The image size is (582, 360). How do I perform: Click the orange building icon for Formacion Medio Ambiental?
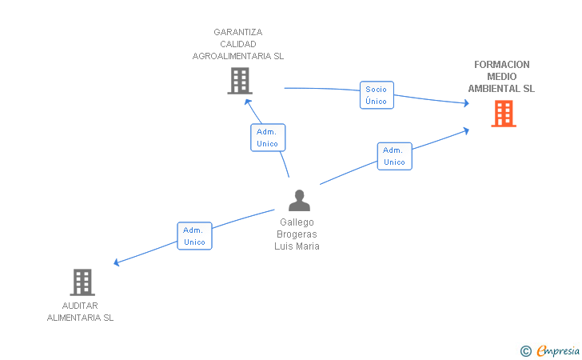point(504,114)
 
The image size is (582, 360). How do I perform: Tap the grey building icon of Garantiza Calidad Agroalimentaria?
point(240,81)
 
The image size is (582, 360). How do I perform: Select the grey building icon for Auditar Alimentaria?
point(82,282)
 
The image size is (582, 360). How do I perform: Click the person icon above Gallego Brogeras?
point(299,200)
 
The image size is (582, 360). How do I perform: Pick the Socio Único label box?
point(376,95)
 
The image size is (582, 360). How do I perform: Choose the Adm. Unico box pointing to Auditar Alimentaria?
point(194,236)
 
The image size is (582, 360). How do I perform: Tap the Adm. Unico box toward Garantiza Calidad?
point(268,138)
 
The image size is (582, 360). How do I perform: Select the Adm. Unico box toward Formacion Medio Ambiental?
point(394,156)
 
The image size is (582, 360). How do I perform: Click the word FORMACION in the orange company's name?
point(502,65)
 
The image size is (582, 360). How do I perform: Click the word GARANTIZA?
point(238,33)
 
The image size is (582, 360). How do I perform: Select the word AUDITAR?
point(80,306)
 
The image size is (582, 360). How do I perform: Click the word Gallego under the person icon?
point(297,222)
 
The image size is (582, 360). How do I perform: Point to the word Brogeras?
point(297,234)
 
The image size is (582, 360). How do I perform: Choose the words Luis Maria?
point(297,246)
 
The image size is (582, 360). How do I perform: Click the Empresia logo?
point(558,350)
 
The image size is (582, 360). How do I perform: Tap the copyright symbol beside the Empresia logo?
point(526,350)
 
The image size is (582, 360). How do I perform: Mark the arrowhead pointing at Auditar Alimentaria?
point(118,262)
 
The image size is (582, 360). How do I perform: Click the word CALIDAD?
point(238,45)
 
